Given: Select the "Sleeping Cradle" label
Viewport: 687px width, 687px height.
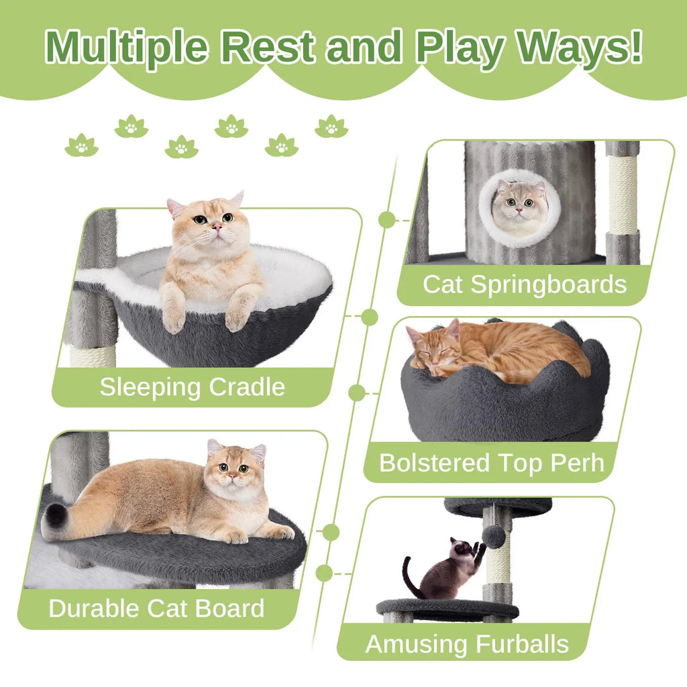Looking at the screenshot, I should click(193, 387).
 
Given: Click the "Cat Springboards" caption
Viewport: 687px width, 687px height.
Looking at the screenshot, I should click(524, 284).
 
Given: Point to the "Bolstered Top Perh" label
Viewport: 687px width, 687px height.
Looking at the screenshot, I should click(491, 463).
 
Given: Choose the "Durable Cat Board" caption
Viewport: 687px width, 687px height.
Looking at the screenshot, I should click(156, 609).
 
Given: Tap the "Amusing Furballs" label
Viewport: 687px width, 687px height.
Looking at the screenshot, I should click(467, 644).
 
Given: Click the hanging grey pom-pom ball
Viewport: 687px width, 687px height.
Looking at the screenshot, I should click(494, 536).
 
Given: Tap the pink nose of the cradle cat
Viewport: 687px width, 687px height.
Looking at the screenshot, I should click(217, 228).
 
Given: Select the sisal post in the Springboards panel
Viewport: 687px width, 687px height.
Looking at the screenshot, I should click(623, 195).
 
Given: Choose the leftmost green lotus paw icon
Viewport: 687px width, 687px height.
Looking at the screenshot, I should click(81, 145).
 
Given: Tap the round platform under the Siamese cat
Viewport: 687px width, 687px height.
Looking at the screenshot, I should click(447, 609).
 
